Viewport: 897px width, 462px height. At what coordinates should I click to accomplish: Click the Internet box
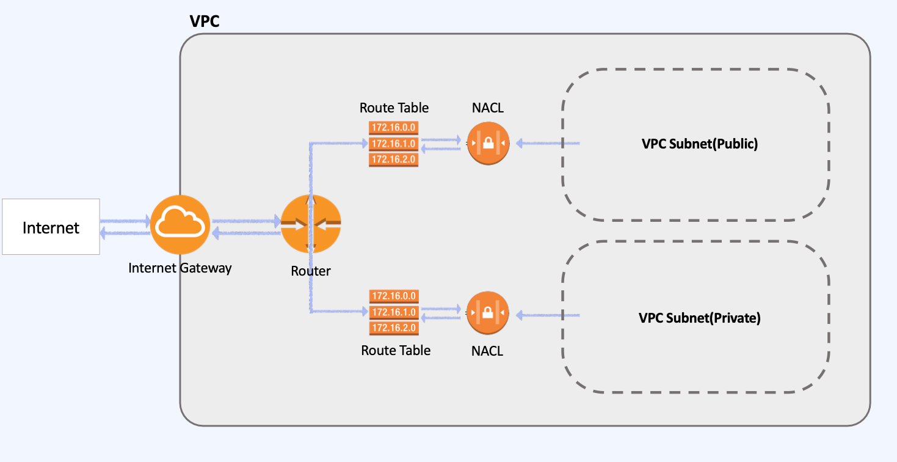[51, 227]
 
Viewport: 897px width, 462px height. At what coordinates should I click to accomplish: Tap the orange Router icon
[310, 225]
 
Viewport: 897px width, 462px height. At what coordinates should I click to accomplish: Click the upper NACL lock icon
[488, 144]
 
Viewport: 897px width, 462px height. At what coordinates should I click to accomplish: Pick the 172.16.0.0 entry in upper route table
[394, 128]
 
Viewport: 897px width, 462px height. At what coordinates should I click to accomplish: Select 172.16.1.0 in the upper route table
[394, 144]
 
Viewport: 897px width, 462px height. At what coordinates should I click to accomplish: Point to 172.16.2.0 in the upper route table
[394, 159]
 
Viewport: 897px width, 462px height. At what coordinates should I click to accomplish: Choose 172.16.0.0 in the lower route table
[394, 296]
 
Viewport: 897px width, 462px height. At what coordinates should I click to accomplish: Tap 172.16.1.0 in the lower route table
[394, 312]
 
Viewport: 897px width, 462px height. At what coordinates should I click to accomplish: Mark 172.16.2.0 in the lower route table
[394, 328]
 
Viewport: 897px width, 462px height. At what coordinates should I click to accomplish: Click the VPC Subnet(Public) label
[699, 144]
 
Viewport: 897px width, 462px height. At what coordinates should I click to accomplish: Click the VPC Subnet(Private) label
[699, 318]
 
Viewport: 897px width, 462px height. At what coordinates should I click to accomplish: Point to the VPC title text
[205, 22]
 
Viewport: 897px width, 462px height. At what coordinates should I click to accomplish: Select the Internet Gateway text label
[180, 268]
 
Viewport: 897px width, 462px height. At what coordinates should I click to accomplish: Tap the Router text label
[310, 271]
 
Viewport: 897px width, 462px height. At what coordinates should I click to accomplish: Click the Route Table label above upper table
[394, 108]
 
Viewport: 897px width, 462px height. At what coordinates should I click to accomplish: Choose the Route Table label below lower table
[396, 350]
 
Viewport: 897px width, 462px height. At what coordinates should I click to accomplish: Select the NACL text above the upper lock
[487, 108]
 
